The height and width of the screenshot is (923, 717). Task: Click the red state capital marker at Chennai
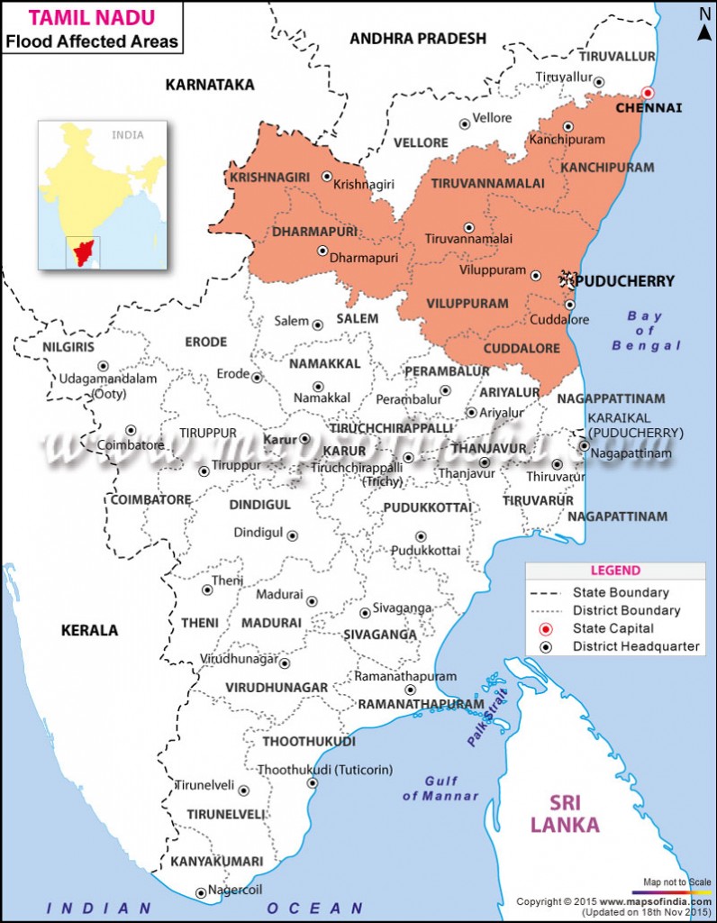(x=647, y=93)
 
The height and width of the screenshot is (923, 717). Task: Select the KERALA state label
(x=89, y=630)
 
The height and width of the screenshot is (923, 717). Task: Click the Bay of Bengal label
(x=646, y=331)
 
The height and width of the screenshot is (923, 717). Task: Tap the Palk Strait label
(x=487, y=716)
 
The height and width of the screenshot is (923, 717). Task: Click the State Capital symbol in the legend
(x=545, y=628)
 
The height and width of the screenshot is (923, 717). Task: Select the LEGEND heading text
(x=615, y=571)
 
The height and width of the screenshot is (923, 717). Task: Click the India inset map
(x=103, y=195)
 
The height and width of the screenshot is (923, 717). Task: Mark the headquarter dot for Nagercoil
(x=201, y=893)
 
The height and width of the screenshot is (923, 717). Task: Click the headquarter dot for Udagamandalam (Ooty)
(x=104, y=366)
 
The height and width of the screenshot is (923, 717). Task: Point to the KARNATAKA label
(x=210, y=85)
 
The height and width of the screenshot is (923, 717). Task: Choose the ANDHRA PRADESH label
(x=417, y=38)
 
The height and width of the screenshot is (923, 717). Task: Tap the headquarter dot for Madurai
(x=313, y=601)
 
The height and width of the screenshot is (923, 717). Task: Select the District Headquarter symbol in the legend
(x=545, y=646)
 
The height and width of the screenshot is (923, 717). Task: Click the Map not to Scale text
(x=676, y=882)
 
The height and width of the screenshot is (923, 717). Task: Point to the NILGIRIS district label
(x=69, y=346)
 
